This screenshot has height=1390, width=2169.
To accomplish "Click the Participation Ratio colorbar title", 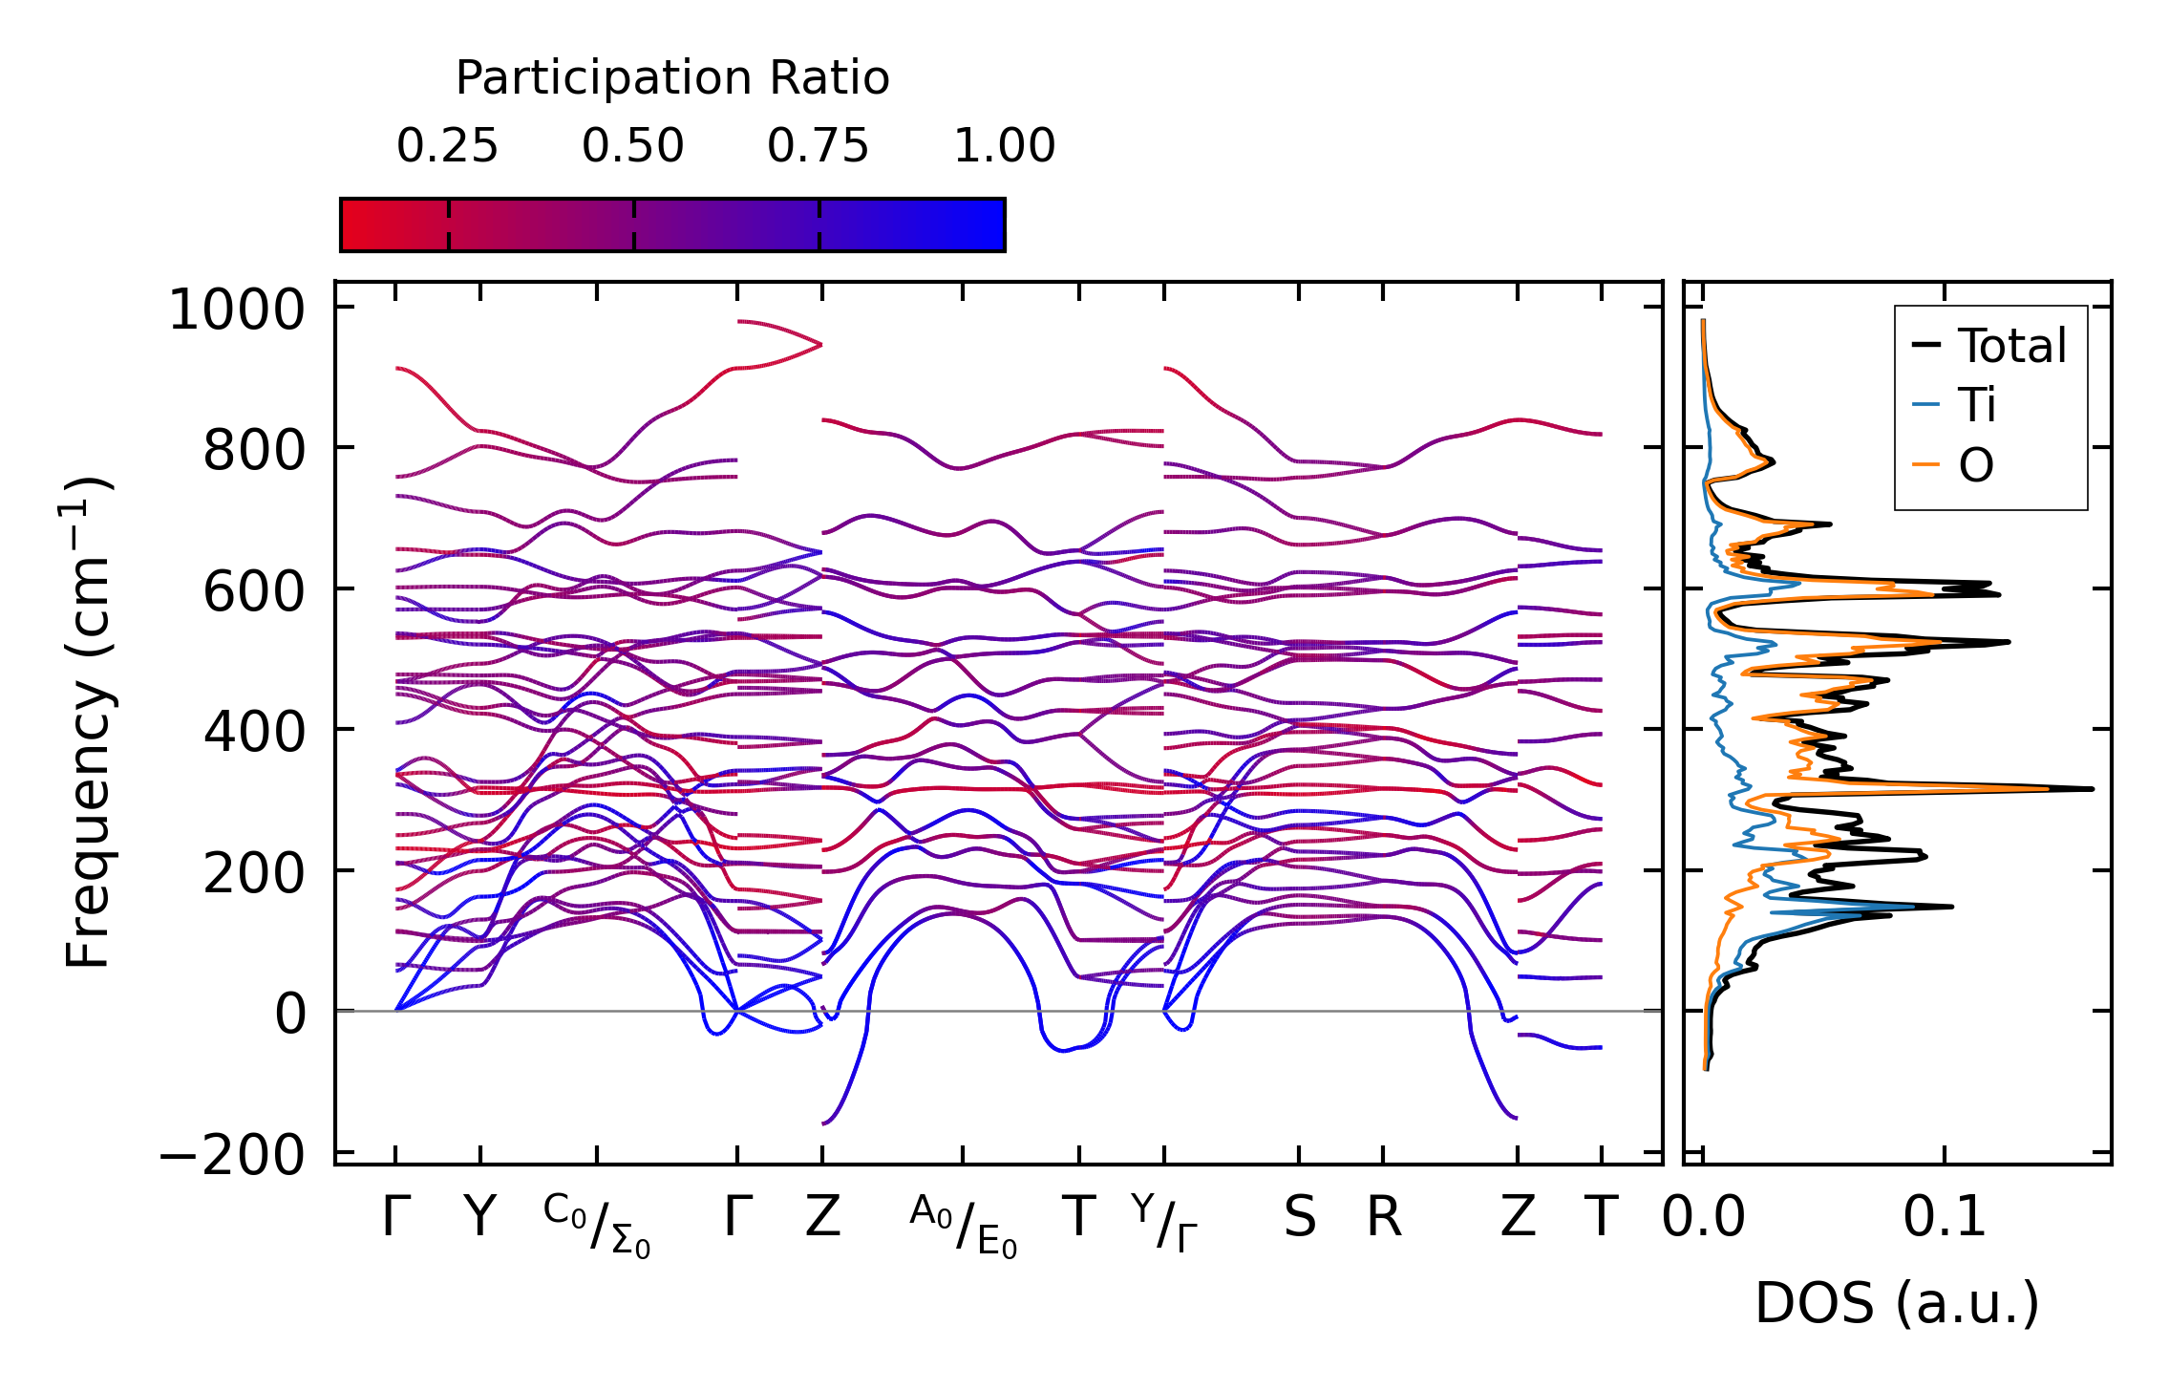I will pos(671,78).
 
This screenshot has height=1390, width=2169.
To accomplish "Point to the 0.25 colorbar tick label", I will pos(447,146).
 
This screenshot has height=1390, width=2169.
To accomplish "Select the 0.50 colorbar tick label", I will pos(632,146).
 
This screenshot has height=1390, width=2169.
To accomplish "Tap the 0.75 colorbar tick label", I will pos(818,146).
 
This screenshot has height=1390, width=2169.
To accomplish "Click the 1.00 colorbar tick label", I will pos(1004,146).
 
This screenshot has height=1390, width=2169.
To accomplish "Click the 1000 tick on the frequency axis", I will pos(236,310).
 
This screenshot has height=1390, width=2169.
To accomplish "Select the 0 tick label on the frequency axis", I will pos(290,1014).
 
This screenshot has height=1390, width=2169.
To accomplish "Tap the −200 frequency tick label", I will pos(232,1155).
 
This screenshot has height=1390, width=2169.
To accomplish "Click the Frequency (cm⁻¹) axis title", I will pos(89,722).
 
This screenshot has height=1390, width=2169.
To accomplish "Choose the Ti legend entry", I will pos(1976,405).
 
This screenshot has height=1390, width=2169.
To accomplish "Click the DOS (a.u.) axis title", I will pos(1897,1303).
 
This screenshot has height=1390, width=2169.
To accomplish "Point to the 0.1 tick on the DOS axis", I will pos(1945,1217).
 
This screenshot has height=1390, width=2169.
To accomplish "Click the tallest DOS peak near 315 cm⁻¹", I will pos(2090,788).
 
